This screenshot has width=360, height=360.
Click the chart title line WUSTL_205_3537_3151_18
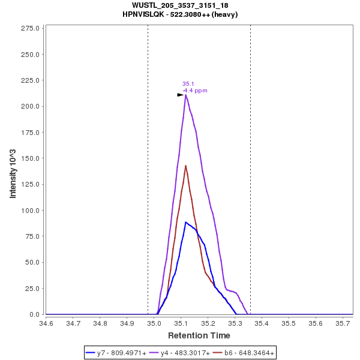(x=180, y=5)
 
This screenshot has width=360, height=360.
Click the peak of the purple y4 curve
(x=186, y=95)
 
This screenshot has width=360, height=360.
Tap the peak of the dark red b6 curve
(x=185, y=166)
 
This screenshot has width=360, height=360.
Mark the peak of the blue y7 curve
(x=186, y=222)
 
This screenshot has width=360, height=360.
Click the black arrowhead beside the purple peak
(x=180, y=95)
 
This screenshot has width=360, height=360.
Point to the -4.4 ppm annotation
(x=195, y=91)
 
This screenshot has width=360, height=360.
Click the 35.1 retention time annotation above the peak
(x=187, y=84)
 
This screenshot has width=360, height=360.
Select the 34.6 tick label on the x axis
(x=46, y=323)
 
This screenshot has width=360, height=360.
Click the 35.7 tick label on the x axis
(x=343, y=323)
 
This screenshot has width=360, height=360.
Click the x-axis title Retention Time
(x=199, y=335)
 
